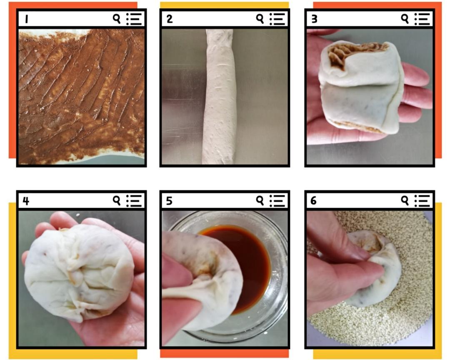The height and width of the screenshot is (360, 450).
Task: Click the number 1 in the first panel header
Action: pos(26,19)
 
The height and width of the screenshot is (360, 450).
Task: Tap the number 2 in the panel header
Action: pos(170,19)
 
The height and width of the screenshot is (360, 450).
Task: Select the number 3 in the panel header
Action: pos(314,19)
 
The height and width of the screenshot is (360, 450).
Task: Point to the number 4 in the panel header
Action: pos(26,201)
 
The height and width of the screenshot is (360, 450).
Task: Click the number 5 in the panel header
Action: pos(169,201)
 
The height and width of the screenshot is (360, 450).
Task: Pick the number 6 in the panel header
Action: pos(313,201)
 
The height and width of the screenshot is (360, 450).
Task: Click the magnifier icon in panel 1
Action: pos(117,19)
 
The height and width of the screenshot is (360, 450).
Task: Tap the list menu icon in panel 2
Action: pos(277,19)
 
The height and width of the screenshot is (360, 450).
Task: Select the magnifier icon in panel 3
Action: pos(405,19)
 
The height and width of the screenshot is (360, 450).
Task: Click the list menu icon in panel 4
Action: pos(134,201)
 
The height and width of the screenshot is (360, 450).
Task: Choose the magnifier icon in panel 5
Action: pos(260,200)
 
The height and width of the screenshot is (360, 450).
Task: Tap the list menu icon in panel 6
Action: pos(422,201)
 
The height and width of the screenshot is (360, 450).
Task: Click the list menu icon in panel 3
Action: pos(422,19)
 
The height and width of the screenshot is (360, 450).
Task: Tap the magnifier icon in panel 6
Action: pos(405,200)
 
